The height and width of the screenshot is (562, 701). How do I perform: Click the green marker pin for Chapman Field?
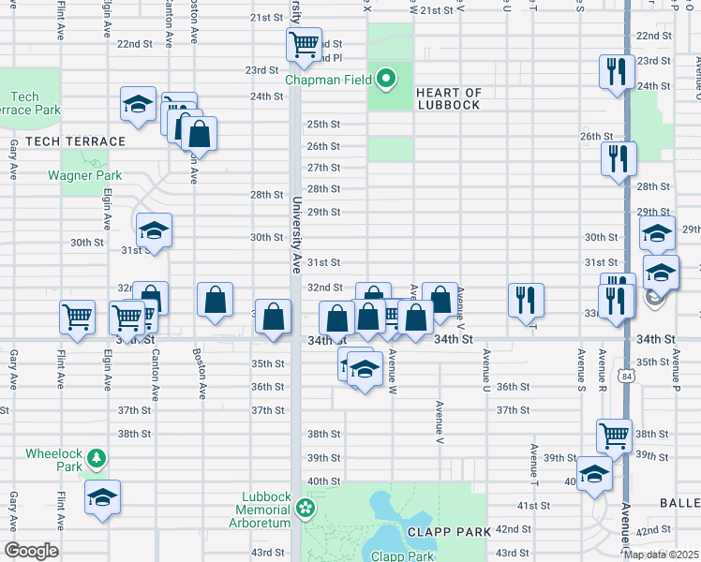(x=384, y=77)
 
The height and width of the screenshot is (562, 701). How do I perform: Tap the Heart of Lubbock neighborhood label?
(x=448, y=98)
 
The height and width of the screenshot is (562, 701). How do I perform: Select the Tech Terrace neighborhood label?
(x=75, y=141)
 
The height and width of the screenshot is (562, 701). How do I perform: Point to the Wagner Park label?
(x=85, y=175)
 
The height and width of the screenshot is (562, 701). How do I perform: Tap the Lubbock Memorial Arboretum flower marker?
(x=304, y=509)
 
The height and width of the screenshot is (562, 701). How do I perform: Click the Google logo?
(x=31, y=551)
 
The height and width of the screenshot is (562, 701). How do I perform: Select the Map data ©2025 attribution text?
(x=661, y=554)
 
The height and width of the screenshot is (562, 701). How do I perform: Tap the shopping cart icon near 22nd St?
(x=304, y=43)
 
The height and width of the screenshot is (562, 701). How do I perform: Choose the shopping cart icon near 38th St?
(x=614, y=434)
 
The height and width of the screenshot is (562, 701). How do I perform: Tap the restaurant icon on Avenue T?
(x=525, y=299)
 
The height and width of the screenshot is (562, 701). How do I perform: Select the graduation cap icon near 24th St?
(x=138, y=103)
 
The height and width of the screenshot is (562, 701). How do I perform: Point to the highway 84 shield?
(x=625, y=375)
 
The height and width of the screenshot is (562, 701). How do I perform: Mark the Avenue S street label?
(x=582, y=369)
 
